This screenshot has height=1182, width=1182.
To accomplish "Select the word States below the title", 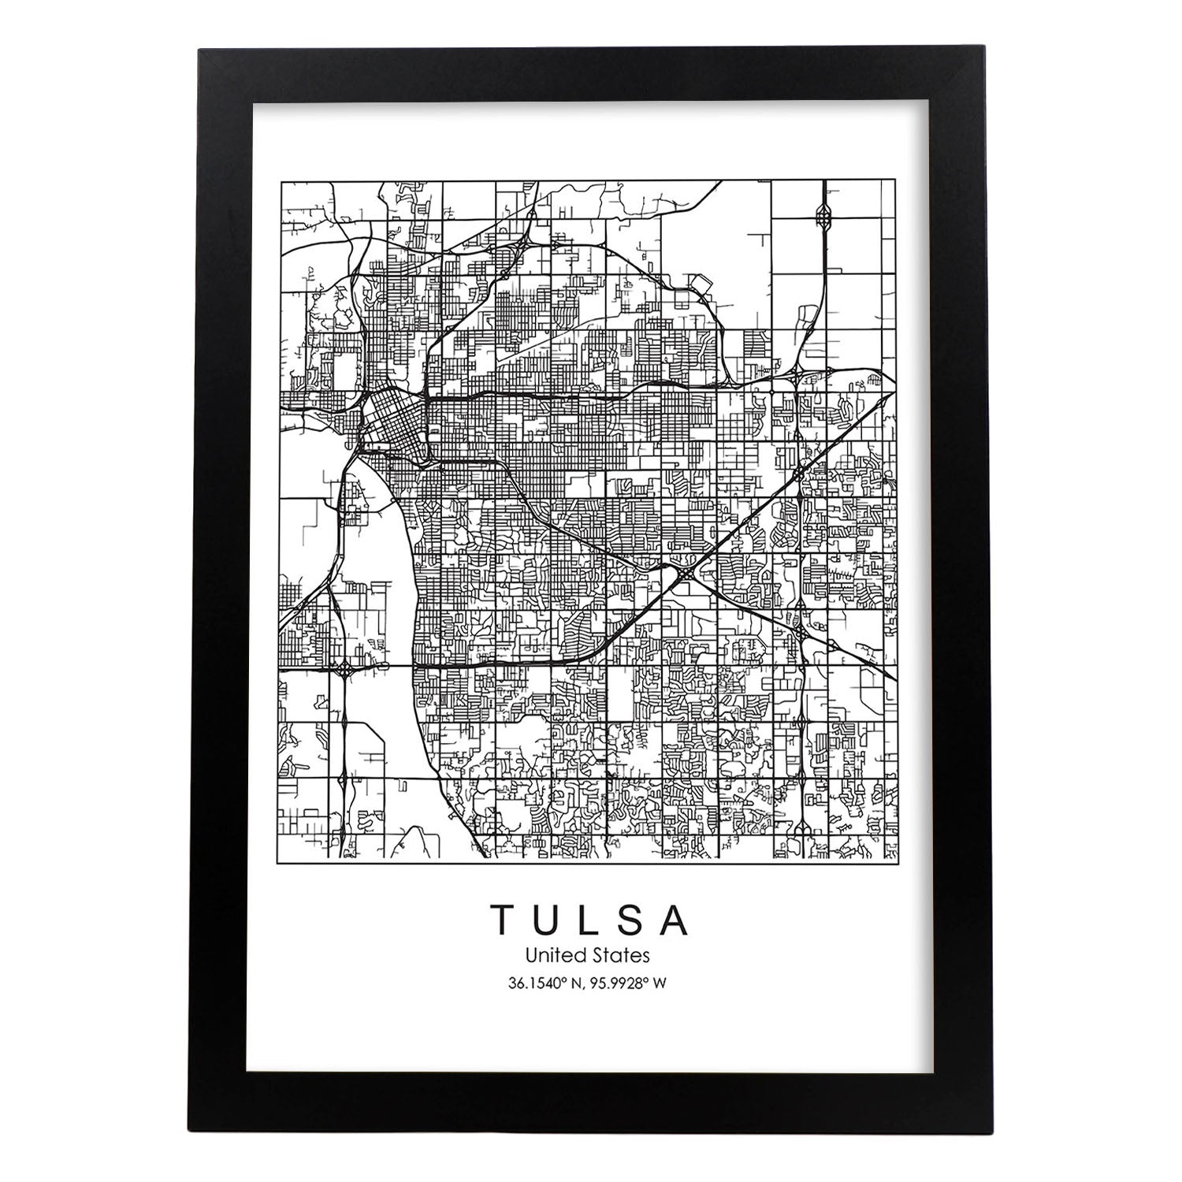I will (623, 956).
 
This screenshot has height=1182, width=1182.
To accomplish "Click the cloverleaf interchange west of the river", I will (344, 671).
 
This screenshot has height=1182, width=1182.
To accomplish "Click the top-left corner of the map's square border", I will (281, 181).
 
